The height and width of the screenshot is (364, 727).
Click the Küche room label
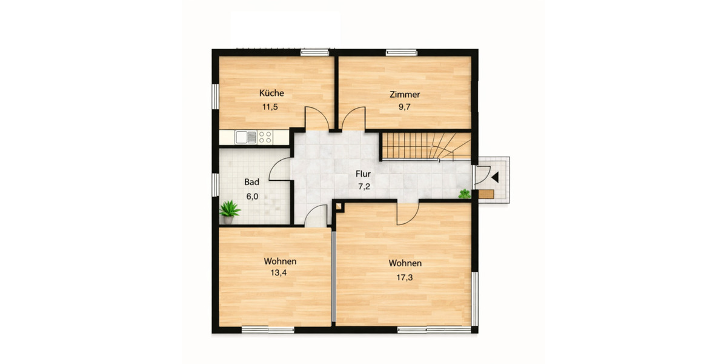tap(271, 93)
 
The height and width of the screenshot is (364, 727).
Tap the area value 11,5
tap(270, 107)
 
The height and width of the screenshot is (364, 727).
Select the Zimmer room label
tap(405, 94)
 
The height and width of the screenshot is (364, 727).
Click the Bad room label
tap(252, 182)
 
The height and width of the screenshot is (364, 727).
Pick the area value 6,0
tap(252, 196)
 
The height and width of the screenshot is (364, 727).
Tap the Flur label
tap(363, 174)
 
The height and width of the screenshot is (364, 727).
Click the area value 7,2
tap(364, 187)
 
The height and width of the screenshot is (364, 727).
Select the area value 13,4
tap(279, 273)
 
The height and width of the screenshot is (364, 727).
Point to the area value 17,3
tap(405, 277)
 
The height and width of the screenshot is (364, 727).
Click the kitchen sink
tap(246, 137)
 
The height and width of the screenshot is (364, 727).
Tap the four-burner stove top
tap(265, 137)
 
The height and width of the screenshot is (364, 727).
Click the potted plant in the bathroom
tap(230, 211)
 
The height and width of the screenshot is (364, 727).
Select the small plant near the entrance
tap(465, 194)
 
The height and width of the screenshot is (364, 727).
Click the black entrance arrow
tap(495, 177)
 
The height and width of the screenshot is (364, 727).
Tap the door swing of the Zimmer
tap(353, 119)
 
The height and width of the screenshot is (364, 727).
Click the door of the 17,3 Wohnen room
tap(408, 212)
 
